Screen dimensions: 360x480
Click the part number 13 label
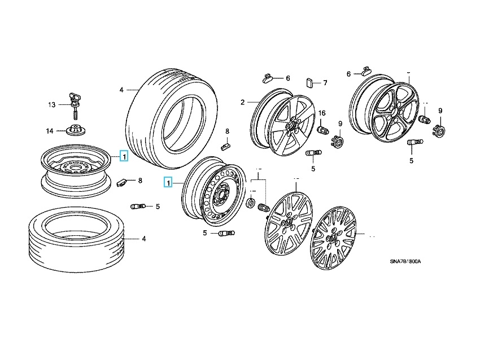coord(51,104)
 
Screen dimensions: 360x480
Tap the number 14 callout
coord(50,131)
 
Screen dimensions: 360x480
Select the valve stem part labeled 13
coord(72,99)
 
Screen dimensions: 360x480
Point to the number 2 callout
coord(242,102)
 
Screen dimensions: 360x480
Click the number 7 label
coord(325,83)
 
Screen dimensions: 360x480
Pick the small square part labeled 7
coord(310,82)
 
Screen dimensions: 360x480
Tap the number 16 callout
coord(322,113)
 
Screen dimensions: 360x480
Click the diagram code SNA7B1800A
coord(405,261)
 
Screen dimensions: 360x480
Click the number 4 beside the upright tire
coord(121,90)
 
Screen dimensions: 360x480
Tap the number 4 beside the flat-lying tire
coord(143,239)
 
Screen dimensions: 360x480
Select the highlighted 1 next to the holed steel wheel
coord(167,182)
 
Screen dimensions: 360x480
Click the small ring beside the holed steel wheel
coord(251,203)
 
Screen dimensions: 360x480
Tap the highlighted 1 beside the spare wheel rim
coord(124,155)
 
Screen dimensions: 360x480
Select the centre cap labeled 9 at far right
coord(439,130)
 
